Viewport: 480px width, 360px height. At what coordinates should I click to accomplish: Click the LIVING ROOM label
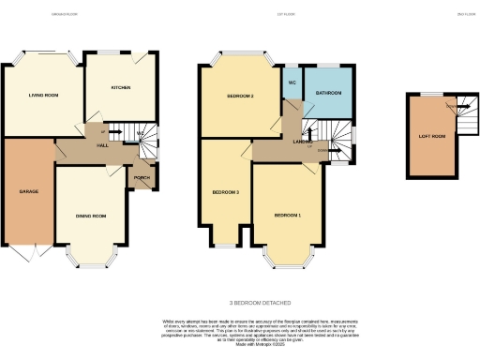point(43,95)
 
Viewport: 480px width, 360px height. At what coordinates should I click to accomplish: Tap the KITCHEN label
point(121,88)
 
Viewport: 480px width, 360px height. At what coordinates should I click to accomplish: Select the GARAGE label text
point(28,191)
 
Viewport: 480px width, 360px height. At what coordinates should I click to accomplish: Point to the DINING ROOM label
point(91,216)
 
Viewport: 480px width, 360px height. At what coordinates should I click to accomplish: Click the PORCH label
point(142,177)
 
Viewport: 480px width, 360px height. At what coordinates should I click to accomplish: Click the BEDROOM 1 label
point(287,216)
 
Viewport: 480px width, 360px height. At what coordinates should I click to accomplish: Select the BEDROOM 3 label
point(225,192)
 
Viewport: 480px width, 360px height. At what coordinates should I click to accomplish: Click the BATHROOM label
point(328,94)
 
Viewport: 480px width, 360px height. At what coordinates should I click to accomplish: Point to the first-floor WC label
point(292,82)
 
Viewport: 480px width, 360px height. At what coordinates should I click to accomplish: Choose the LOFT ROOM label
point(431,136)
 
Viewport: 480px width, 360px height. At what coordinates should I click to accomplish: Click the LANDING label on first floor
point(303,142)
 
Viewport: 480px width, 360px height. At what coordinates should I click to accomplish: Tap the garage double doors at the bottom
point(28,253)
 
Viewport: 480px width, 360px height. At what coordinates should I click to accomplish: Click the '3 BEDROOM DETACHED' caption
point(261,303)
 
